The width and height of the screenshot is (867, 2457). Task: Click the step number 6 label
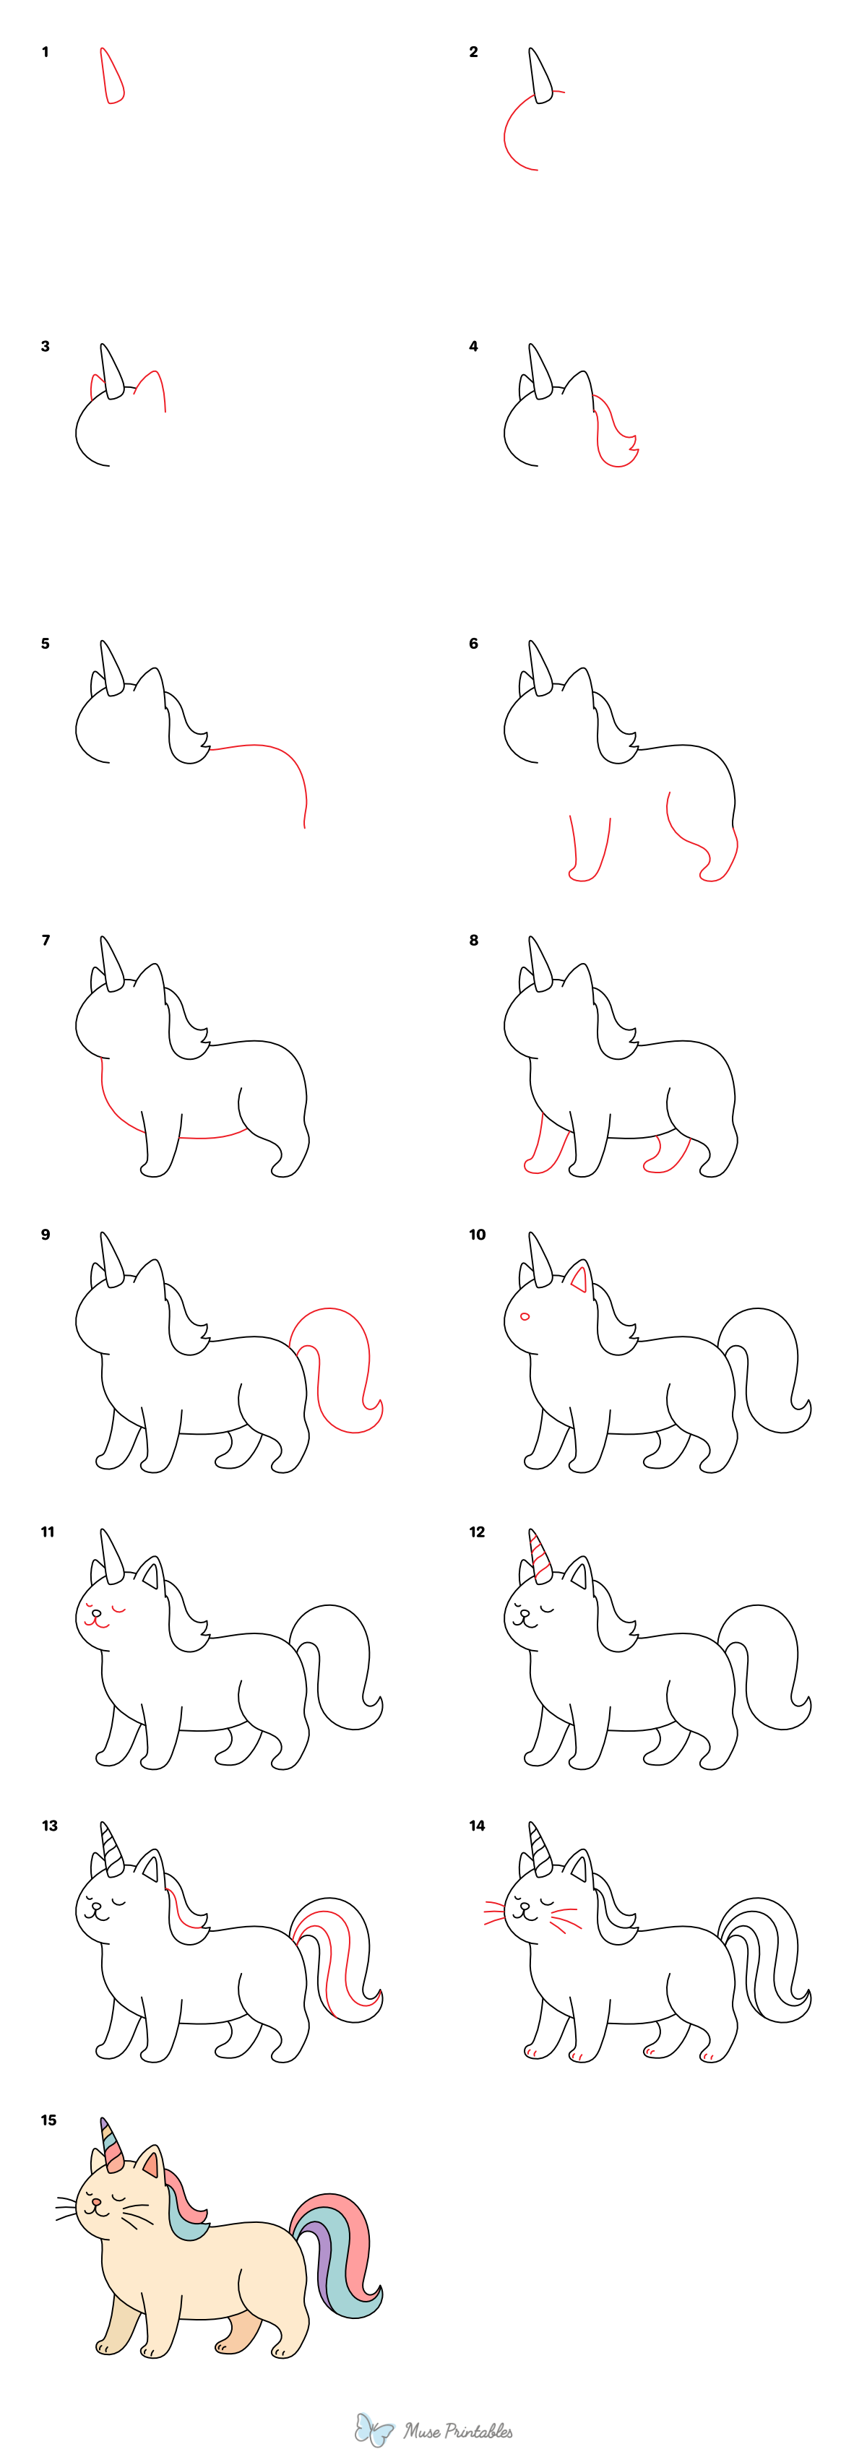[x=473, y=644]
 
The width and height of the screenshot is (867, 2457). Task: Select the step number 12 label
[x=477, y=1532]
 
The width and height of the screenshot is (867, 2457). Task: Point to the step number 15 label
[x=48, y=2120]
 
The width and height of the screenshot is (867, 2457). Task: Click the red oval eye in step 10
[x=525, y=1317]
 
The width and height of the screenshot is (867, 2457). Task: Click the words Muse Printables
[x=458, y=2431]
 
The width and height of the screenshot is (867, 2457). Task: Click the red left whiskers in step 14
[x=494, y=1912]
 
